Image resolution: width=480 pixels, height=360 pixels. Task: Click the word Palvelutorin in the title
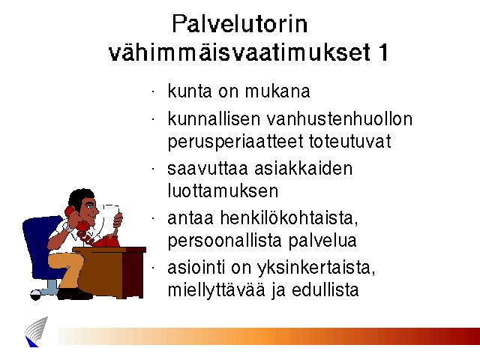click(x=240, y=24)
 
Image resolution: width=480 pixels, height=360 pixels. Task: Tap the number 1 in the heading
click(x=383, y=52)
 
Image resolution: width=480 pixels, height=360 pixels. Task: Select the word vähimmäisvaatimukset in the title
click(x=240, y=52)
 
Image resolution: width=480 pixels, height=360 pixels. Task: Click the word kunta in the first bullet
click(x=190, y=91)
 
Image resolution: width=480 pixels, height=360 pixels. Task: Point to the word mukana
click(x=277, y=91)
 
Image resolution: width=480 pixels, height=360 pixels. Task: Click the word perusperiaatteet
click(x=235, y=142)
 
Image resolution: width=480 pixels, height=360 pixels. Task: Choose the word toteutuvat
click(x=350, y=142)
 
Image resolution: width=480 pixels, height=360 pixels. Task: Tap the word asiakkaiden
click(x=303, y=169)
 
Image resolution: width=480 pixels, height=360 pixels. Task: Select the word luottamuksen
click(x=223, y=191)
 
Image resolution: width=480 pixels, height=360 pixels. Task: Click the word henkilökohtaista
click(x=289, y=218)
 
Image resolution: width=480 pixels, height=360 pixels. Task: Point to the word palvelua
click(x=322, y=241)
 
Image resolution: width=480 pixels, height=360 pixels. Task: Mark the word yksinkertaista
click(x=316, y=268)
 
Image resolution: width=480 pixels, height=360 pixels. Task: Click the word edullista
click(x=325, y=290)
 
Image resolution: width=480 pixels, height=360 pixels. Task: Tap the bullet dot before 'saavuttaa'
click(x=153, y=169)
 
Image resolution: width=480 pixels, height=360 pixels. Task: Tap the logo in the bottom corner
click(x=36, y=332)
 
